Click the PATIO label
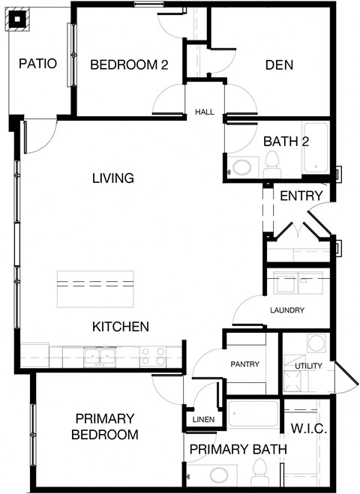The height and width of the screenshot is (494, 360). point(38,64)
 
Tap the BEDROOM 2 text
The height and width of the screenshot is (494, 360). point(128,65)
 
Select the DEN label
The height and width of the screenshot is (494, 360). point(279,65)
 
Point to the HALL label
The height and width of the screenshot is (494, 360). point(204,112)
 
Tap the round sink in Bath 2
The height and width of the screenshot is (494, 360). point(242,167)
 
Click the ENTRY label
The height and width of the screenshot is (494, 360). point(301,196)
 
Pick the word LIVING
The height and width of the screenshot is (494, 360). point(112,178)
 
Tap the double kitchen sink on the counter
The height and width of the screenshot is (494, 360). point(99,356)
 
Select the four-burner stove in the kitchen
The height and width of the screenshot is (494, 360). point(152,356)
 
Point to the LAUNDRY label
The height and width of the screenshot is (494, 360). point(286,310)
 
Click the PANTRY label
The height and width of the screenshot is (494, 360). point(244,365)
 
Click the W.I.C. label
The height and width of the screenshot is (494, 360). point(307,430)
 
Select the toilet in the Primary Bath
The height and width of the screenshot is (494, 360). point(260,472)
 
